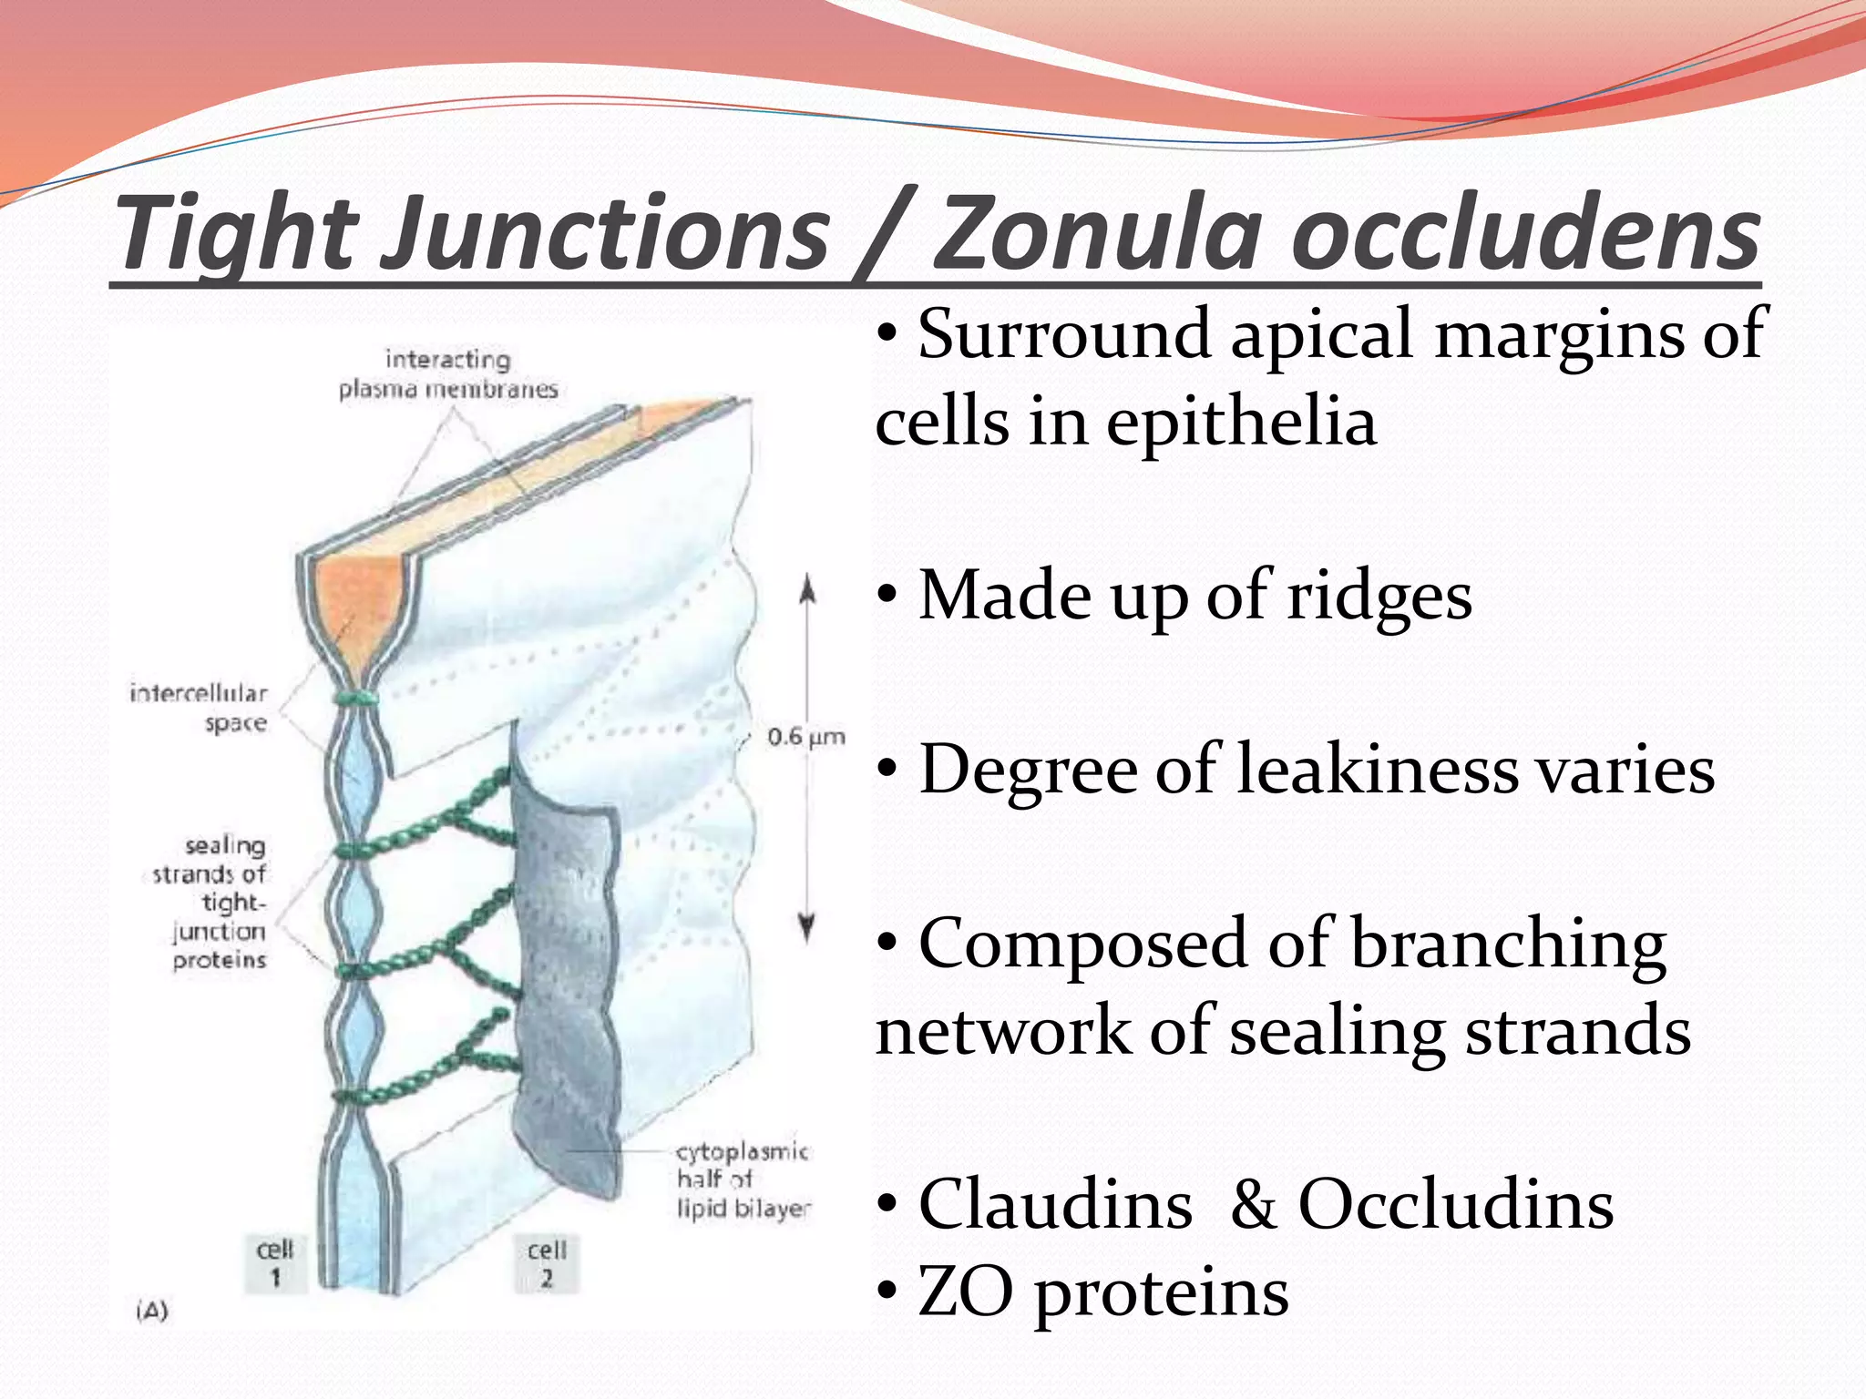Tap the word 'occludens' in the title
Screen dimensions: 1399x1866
point(1526,234)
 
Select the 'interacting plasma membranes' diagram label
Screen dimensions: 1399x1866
point(447,374)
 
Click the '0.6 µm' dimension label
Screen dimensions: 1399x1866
point(805,736)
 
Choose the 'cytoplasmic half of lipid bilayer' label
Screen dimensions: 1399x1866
point(743,1179)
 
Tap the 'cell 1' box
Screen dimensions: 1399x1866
point(275,1261)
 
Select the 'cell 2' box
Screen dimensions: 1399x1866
point(546,1261)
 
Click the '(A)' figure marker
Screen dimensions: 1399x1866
point(151,1311)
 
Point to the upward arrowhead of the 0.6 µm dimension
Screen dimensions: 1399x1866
point(806,591)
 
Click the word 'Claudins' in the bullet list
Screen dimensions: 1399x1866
point(1055,1204)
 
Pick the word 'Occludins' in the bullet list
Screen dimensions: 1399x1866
point(1455,1204)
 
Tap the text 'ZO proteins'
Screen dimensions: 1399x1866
point(1102,1292)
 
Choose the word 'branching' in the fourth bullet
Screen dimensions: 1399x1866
point(1508,945)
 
